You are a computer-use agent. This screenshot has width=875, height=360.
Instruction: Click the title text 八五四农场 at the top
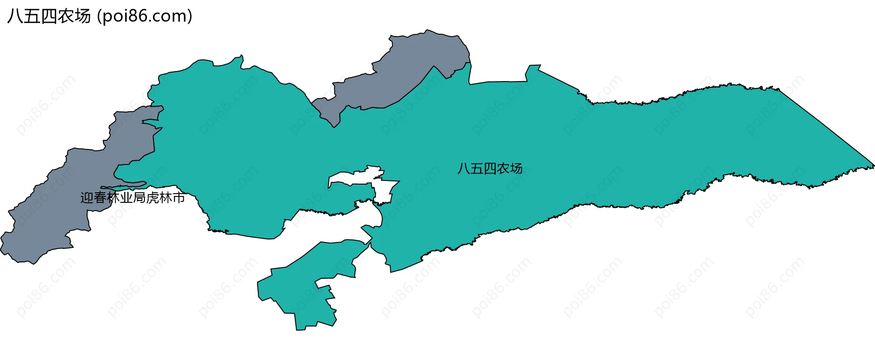pos(49,16)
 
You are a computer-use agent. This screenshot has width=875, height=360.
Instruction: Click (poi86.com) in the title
pos(144,16)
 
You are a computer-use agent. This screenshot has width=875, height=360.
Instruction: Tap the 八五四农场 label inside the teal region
pos(490,169)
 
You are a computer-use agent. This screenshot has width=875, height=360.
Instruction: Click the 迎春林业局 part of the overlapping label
pos(113,198)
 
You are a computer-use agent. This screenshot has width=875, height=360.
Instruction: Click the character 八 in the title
pos(15,16)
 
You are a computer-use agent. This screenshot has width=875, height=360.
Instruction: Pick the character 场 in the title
pos(83,16)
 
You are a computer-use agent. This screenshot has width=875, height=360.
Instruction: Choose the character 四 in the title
pos(49,16)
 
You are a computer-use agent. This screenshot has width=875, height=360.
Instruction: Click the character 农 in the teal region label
pos(503,169)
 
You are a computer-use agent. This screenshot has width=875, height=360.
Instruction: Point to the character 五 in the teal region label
pos(477,169)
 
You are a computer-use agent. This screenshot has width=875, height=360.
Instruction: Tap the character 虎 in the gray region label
pos(153,198)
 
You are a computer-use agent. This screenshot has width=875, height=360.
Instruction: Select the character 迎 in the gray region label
pos(87,198)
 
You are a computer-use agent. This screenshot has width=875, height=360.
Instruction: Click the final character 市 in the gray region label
pos(179,198)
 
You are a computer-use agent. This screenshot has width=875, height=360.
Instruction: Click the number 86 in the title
pos(137,16)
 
